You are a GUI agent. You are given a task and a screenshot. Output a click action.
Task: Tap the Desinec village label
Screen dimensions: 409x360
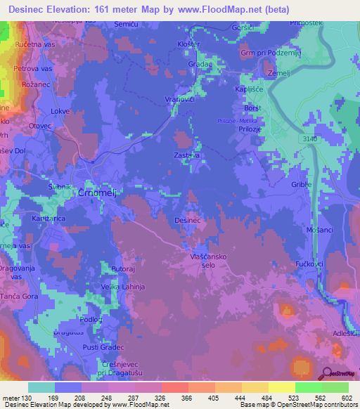(x=188, y=220)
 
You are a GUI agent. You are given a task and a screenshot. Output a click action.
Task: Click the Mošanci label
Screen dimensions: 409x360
(x=319, y=230)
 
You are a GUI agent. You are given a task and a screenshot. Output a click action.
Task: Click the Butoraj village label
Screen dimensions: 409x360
(x=122, y=269)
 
